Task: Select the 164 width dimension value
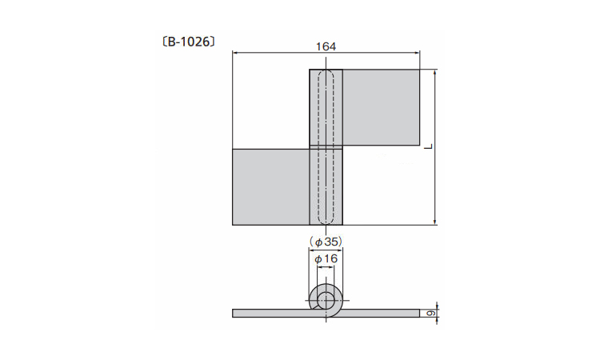[326, 46]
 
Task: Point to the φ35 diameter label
[326, 242]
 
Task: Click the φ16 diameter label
[326, 259]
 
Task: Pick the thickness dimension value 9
[430, 314]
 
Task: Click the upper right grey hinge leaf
[381, 107]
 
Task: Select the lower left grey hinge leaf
[271, 186]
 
